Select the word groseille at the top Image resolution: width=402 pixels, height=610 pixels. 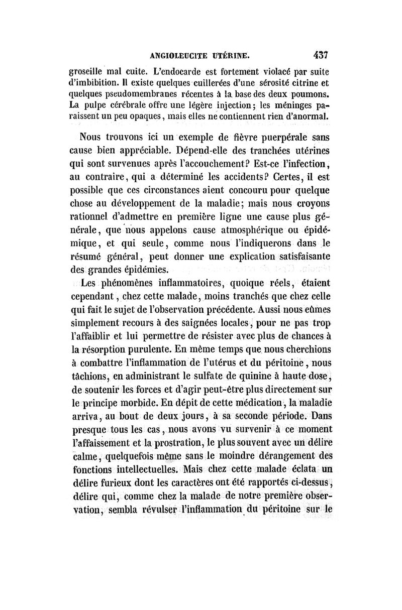point(89,71)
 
